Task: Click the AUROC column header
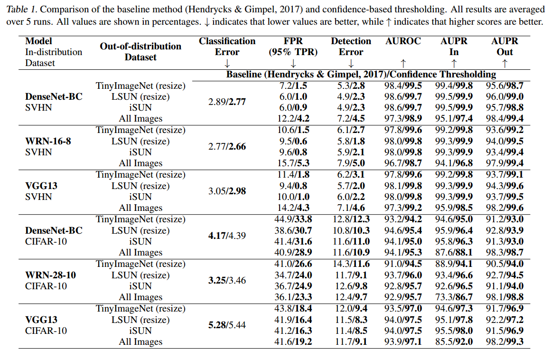[403, 41]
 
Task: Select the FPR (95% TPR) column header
[293, 47]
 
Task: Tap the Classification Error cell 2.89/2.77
[227, 102]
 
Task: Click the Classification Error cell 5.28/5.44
[227, 325]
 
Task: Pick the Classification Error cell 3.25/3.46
[227, 281]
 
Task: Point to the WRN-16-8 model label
[48, 141]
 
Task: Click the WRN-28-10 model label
[50, 275]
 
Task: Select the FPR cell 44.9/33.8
[293, 219]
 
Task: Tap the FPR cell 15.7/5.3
[293, 163]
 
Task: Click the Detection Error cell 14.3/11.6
[351, 264]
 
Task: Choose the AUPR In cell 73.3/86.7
[454, 297]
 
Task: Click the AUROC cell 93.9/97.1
[403, 342]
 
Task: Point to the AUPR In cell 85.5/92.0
[454, 342]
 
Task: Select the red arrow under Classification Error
[227, 64]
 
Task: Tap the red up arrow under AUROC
[403, 63]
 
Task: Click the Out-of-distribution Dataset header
[140, 52]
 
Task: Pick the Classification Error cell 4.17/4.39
[227, 236]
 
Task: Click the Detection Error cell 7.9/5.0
[351, 163]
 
